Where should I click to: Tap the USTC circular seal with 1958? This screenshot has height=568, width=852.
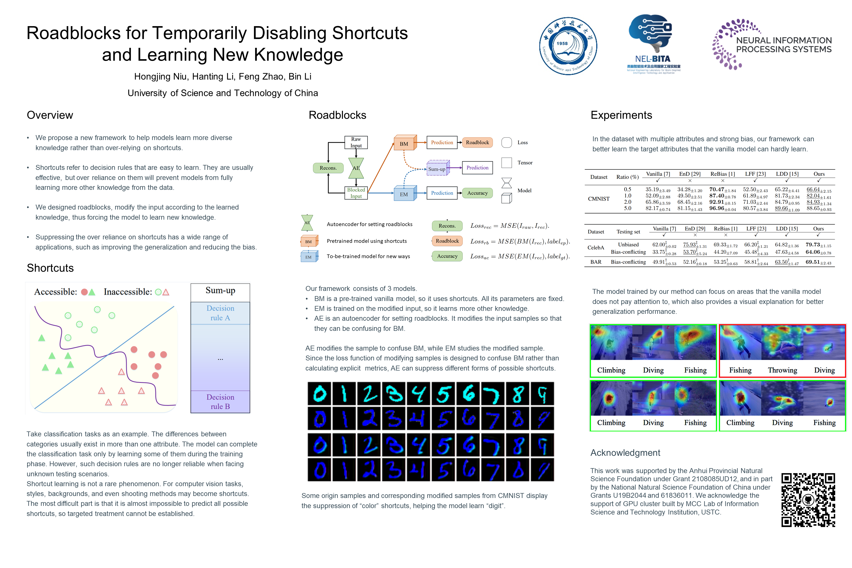click(568, 46)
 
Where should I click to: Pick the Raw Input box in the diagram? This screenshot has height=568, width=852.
click(356, 142)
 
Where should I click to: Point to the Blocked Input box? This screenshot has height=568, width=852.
click(356, 193)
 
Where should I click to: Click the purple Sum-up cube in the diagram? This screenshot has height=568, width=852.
click(438, 168)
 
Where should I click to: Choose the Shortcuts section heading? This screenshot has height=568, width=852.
click(50, 268)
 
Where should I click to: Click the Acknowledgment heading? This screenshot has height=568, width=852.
click(625, 453)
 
